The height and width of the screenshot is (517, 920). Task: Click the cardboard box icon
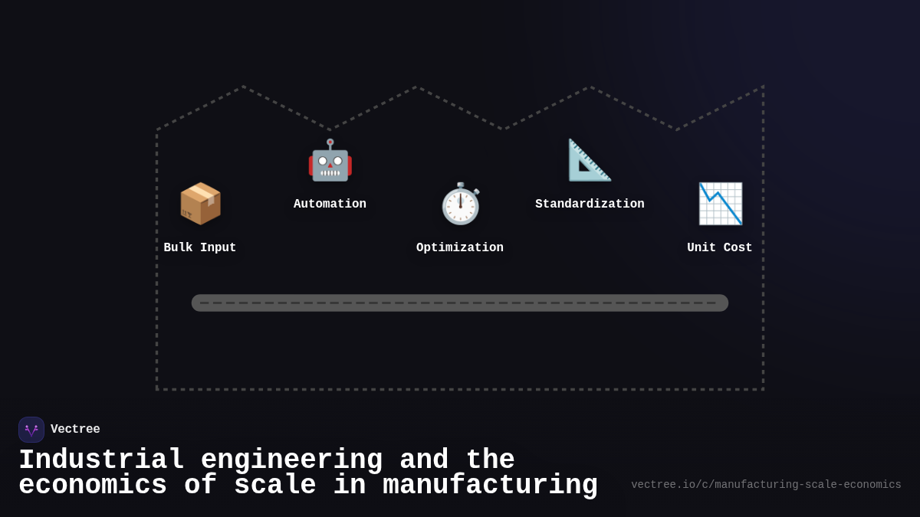click(200, 204)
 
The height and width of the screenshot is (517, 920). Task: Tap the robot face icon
click(330, 161)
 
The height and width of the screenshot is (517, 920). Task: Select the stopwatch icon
click(460, 205)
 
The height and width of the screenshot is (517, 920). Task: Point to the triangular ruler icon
click(590, 160)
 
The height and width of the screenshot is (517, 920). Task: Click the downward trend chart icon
click(720, 204)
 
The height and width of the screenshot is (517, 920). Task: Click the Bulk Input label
click(200, 248)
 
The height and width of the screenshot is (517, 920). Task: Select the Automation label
click(330, 205)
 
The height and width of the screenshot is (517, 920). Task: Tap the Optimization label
click(460, 248)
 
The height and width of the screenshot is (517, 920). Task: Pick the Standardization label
click(590, 205)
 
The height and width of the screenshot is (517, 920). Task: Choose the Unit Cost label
click(720, 248)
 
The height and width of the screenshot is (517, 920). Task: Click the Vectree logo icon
click(31, 430)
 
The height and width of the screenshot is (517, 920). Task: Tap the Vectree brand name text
click(75, 430)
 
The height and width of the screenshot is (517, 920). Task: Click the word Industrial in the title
click(101, 460)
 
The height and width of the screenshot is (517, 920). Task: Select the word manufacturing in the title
click(490, 486)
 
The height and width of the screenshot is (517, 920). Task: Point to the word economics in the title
click(93, 486)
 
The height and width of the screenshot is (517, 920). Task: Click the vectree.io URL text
click(766, 485)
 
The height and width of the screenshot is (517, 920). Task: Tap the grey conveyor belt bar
click(460, 303)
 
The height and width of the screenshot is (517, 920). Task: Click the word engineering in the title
click(291, 460)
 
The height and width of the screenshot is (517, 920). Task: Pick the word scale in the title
click(274, 486)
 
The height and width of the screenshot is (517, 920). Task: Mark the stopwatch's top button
click(461, 186)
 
